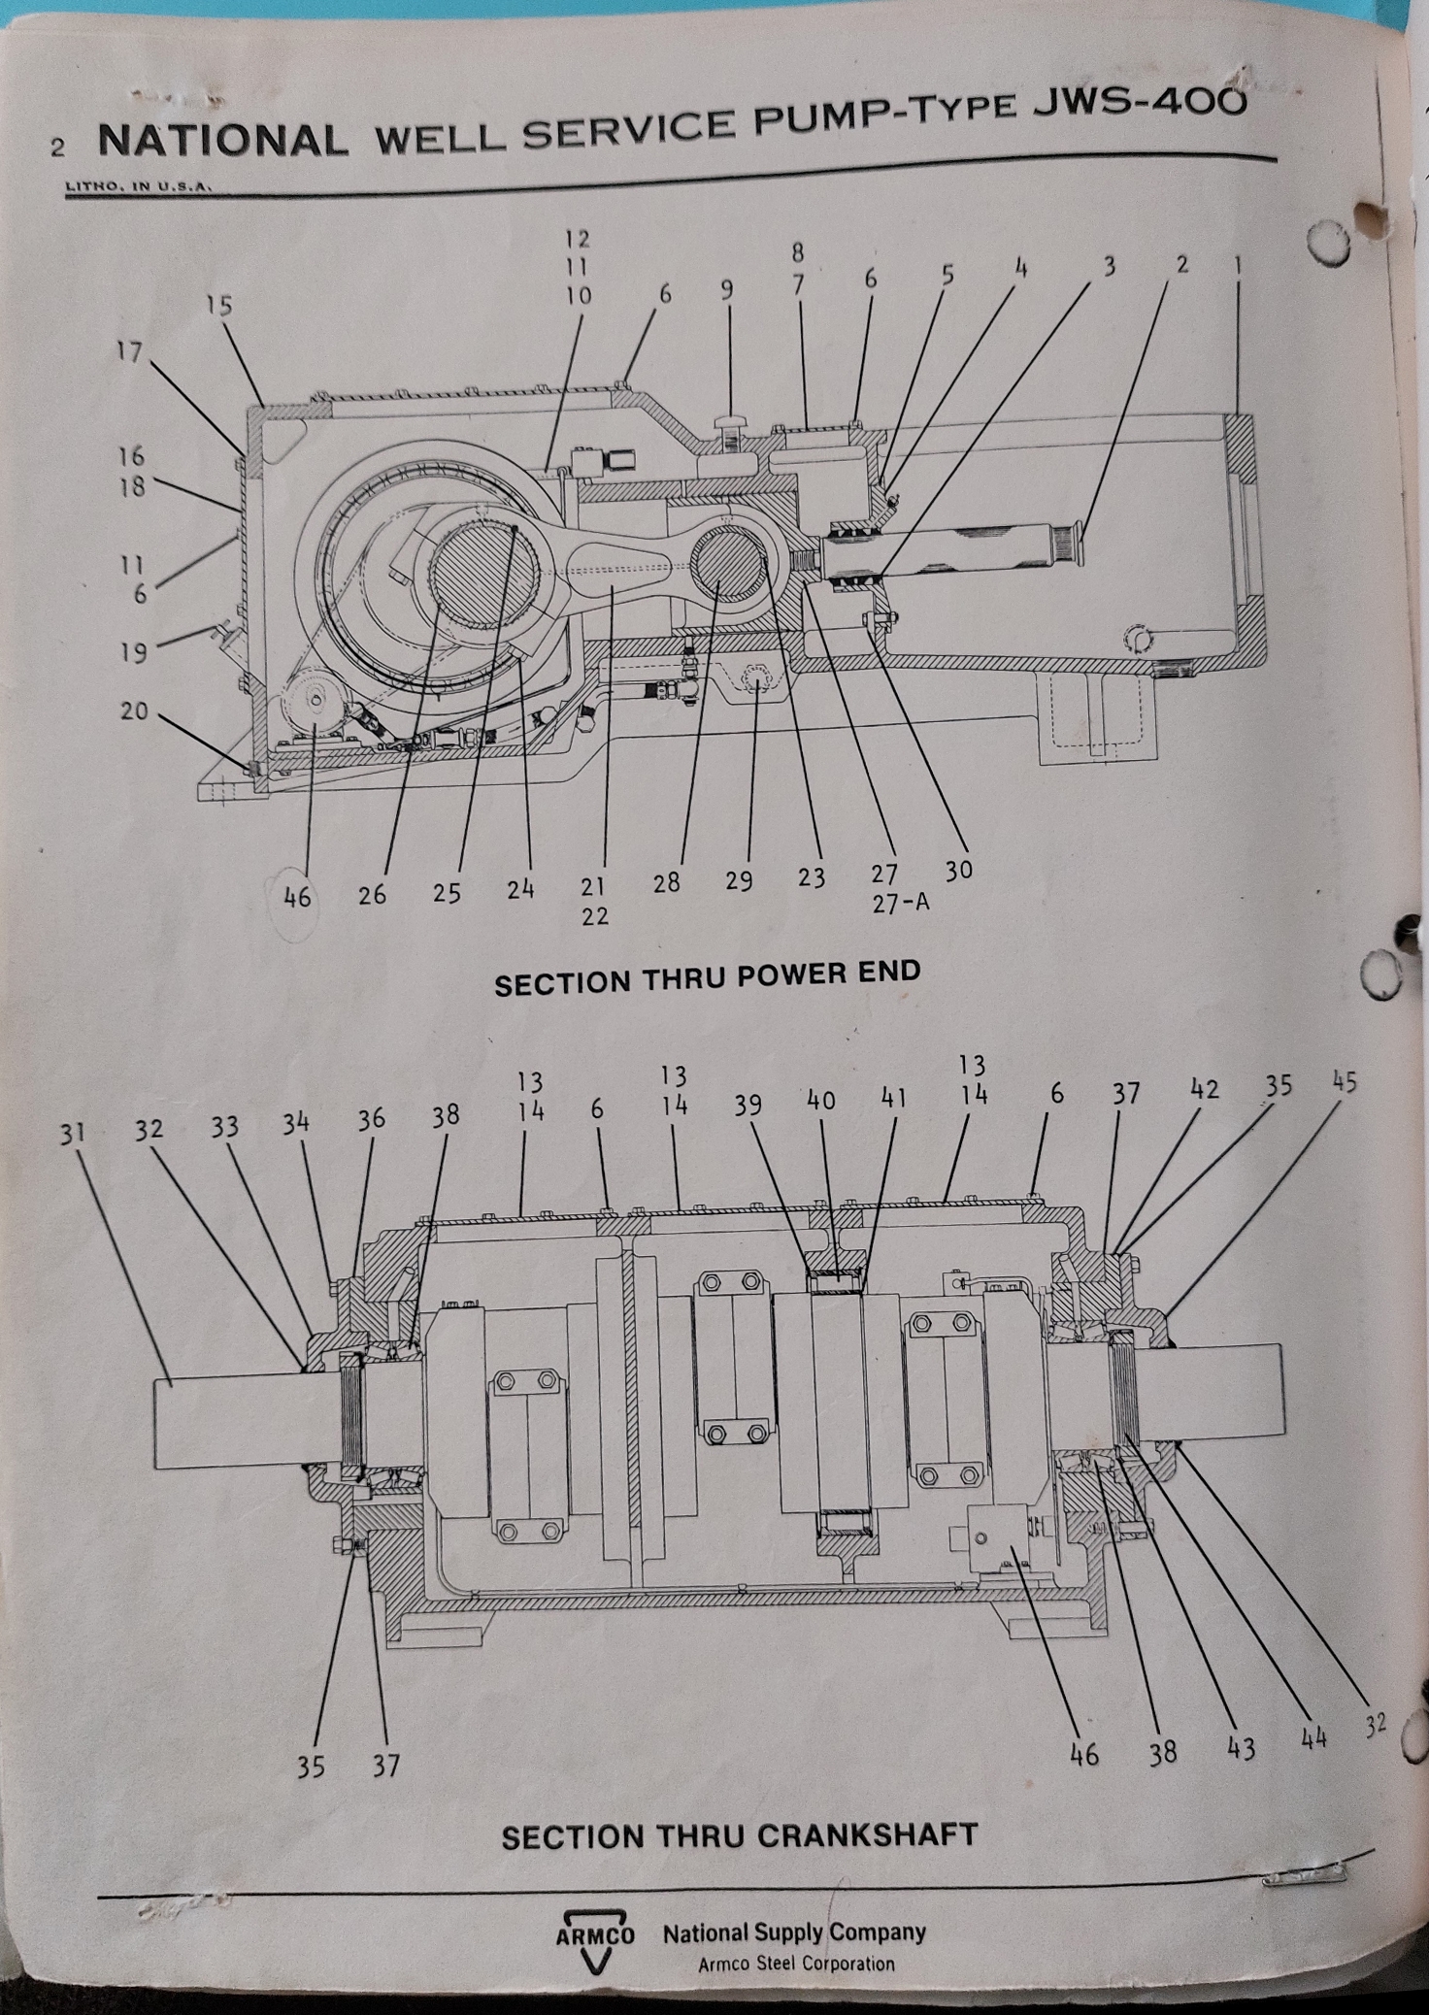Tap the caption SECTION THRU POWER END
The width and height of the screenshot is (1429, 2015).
pyautogui.click(x=707, y=977)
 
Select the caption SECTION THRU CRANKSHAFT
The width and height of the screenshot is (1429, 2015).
pyautogui.click(x=739, y=1835)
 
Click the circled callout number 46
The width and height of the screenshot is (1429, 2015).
pyautogui.click(x=297, y=898)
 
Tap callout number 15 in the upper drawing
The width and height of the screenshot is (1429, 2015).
pyautogui.click(x=219, y=306)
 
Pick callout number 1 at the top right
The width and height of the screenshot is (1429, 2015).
pyautogui.click(x=1238, y=265)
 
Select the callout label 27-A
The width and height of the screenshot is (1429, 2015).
pyautogui.click(x=900, y=903)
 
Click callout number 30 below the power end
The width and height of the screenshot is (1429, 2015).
pyautogui.click(x=958, y=871)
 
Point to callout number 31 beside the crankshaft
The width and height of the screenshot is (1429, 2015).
pyautogui.click(x=73, y=1133)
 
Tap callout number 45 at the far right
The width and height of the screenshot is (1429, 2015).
pyautogui.click(x=1345, y=1082)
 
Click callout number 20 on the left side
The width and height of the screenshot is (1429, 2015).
pyautogui.click(x=134, y=711)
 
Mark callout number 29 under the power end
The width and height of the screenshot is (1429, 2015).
pyautogui.click(x=739, y=881)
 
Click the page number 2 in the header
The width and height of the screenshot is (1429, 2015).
pyautogui.click(x=58, y=148)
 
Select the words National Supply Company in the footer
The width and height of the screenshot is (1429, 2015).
pyautogui.click(x=794, y=1932)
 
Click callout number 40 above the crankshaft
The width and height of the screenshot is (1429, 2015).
pyautogui.click(x=821, y=1100)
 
